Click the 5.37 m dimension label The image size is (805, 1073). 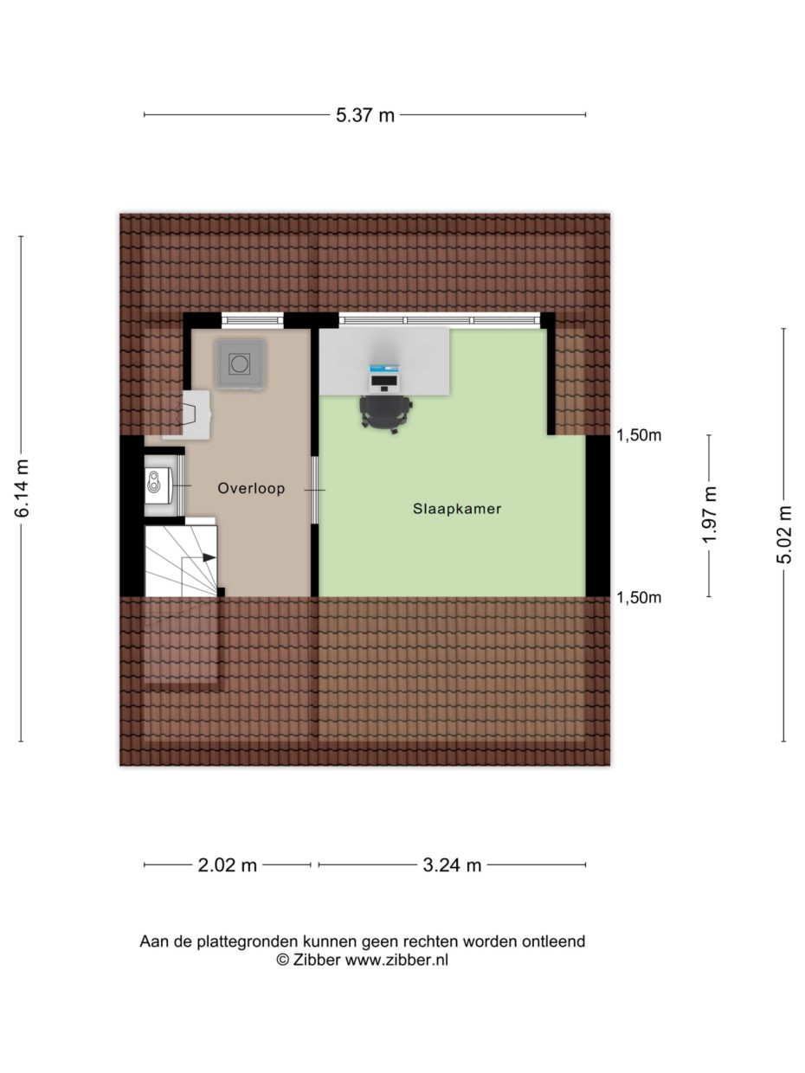[x=364, y=115]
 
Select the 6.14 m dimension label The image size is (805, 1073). [x=23, y=489]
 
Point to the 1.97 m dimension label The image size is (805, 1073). [x=710, y=515]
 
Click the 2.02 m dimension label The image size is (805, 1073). [x=226, y=864]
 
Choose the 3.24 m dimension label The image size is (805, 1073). [x=452, y=864]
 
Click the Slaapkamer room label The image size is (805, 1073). [x=457, y=510]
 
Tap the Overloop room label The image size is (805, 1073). [x=251, y=488]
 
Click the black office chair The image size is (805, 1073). [x=385, y=412]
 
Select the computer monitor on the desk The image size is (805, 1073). [x=384, y=377]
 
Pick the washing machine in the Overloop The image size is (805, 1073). [x=241, y=363]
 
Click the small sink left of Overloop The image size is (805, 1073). [x=158, y=487]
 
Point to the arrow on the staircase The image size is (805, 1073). [x=209, y=558]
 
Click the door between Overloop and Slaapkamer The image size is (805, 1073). [x=315, y=491]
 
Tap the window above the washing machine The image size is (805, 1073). [x=253, y=320]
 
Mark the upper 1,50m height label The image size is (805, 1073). [x=639, y=436]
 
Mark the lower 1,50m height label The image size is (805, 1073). [x=639, y=598]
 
